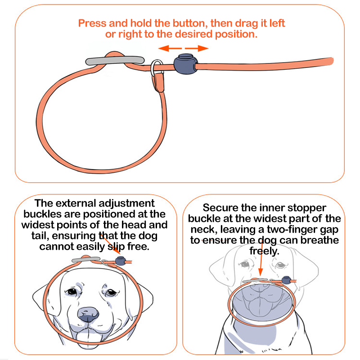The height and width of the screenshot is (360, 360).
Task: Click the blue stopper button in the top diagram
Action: [x=185, y=64]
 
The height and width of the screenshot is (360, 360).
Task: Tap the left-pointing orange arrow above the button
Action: [x=170, y=48]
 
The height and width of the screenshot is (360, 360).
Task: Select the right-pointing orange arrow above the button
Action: [x=197, y=48]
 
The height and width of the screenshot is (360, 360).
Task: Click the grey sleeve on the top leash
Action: [x=115, y=60]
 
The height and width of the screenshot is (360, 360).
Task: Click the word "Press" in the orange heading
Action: [x=92, y=23]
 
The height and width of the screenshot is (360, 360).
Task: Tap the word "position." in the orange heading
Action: [x=236, y=35]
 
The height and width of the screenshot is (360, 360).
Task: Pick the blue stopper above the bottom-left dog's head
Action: [x=121, y=261]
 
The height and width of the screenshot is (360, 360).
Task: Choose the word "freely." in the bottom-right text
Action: [x=264, y=251]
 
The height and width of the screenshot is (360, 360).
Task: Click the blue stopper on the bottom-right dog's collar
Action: [x=286, y=280]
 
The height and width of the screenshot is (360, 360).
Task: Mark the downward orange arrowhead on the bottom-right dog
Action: [x=261, y=272]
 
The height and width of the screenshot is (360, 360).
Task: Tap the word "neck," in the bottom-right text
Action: [x=204, y=229]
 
